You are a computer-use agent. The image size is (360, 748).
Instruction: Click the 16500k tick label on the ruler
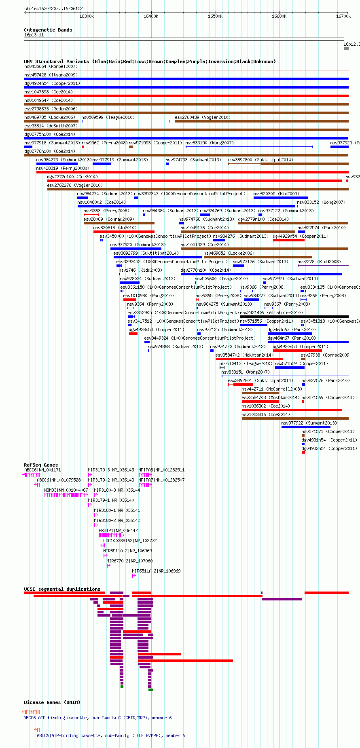click(215, 16)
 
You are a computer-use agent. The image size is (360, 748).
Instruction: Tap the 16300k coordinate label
click(87, 16)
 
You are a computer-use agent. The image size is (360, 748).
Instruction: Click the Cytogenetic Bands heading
click(48, 30)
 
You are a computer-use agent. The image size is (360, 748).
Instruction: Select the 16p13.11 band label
click(34, 35)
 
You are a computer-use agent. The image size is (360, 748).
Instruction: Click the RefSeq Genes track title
click(41, 465)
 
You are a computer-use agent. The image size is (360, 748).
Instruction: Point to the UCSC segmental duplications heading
click(62, 589)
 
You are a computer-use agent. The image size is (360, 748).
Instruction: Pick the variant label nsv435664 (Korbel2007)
click(51, 66)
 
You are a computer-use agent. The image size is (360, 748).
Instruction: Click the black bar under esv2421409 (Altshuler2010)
click(294, 317)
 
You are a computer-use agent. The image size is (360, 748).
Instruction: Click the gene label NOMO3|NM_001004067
click(66, 490)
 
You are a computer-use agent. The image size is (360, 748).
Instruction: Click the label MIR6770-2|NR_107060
click(129, 561)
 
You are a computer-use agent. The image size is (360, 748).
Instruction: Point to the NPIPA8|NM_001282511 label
click(161, 470)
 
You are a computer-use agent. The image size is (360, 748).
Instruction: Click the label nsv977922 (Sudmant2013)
click(309, 423)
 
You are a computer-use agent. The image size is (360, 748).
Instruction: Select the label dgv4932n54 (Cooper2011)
click(329, 448)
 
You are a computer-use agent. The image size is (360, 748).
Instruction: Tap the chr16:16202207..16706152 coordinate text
click(53, 8)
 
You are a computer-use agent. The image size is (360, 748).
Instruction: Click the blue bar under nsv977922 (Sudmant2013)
click(306, 427)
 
